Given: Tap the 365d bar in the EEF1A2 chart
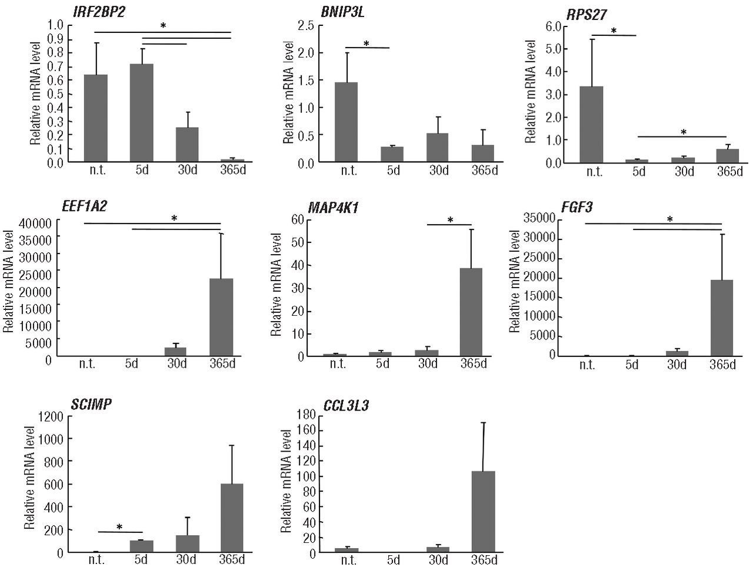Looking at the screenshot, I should pyautogui.click(x=221, y=318).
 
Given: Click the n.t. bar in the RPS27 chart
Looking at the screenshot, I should pyautogui.click(x=591, y=124).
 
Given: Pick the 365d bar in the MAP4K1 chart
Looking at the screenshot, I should pyautogui.click(x=471, y=312).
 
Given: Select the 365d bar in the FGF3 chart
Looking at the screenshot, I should pyautogui.click(x=722, y=318).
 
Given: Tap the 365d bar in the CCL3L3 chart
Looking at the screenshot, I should pyautogui.click(x=483, y=512).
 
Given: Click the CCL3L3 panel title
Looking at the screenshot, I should pyautogui.click(x=346, y=406).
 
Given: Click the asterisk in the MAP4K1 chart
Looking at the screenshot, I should pyautogui.click(x=450, y=220).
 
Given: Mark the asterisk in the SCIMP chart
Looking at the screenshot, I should pyautogui.click(x=119, y=527).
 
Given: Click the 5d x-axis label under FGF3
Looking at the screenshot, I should pyautogui.click(x=631, y=365).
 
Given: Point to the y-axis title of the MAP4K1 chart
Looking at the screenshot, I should pyautogui.click(x=275, y=285).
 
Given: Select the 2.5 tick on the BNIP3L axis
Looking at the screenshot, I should pyautogui.click(x=306, y=26).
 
